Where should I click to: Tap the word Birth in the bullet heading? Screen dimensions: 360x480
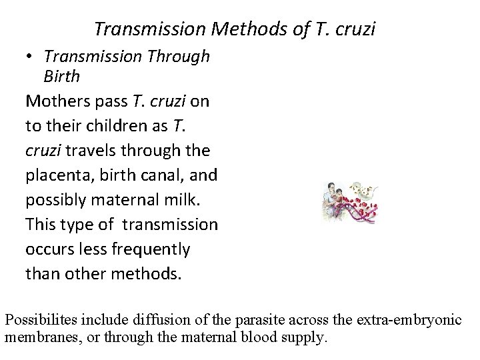[x=62, y=77]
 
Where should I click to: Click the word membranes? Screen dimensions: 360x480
[x=40, y=337]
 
